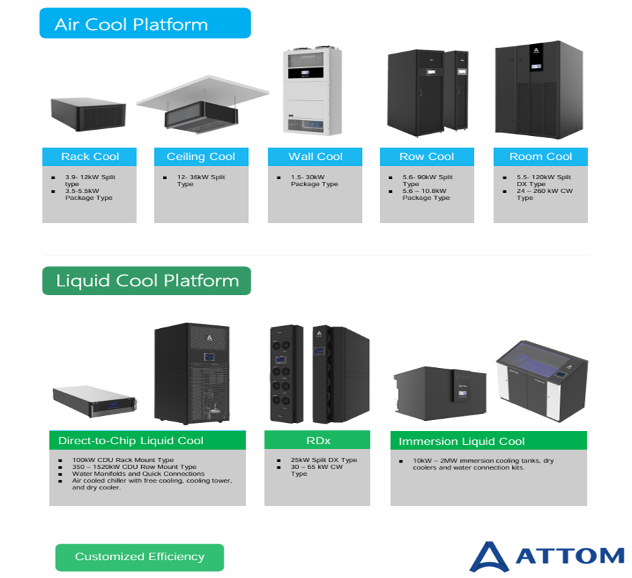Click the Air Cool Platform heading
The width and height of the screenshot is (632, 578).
point(131,25)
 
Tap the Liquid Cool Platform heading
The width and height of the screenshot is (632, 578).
point(147,281)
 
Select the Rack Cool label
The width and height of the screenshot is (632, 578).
point(90,157)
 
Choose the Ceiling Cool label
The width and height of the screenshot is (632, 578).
point(201,157)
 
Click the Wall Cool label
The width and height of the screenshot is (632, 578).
point(315,157)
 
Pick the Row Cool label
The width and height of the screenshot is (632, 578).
point(426,157)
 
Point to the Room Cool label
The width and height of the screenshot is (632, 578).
point(541,157)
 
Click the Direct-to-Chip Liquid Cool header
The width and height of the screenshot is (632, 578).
point(131,440)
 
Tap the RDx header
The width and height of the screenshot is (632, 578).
point(318,440)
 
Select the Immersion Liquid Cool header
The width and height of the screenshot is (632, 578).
point(461,441)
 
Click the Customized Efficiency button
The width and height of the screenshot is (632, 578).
point(139,557)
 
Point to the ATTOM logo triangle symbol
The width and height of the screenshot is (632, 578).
point(489,557)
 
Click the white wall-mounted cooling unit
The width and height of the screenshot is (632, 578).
point(313,91)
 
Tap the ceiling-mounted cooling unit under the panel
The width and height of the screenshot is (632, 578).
point(201,117)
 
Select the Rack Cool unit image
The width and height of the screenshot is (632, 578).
point(88,114)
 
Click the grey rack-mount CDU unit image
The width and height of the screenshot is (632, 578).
point(95,400)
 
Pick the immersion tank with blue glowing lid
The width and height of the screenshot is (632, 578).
point(542,380)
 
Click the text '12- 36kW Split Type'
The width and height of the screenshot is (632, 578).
point(201,181)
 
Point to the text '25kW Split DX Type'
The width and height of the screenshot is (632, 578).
point(324,460)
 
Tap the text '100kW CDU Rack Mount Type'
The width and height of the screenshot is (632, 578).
point(123,460)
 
